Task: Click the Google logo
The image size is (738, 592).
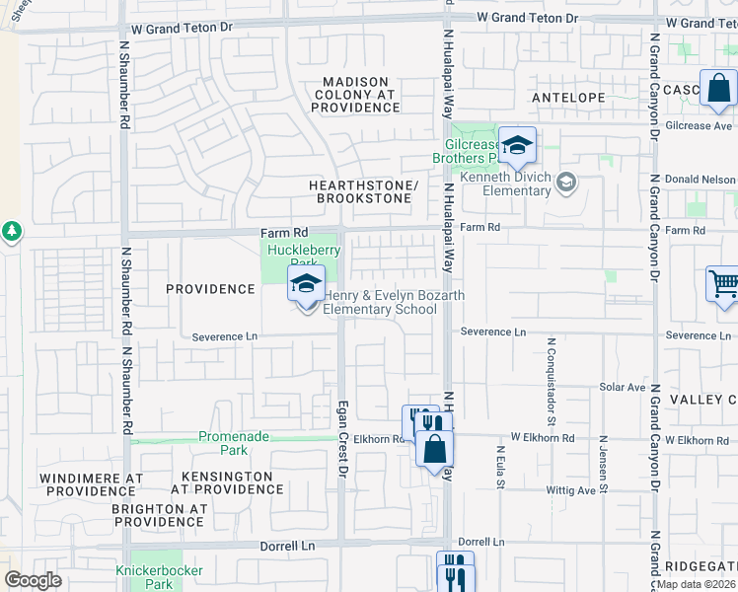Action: pos(33,580)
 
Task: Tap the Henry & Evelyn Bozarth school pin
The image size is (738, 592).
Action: pos(306,286)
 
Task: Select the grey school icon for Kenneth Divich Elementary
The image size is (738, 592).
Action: pos(566,182)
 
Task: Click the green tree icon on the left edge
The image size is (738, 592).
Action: pos(12,231)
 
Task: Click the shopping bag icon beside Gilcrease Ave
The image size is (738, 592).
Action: pos(719,90)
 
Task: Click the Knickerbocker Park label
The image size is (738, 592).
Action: pos(159,577)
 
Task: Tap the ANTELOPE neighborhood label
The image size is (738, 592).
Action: pos(567,98)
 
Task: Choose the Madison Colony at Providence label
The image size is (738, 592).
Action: pos(354,94)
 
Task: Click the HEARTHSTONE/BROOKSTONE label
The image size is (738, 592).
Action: pos(362,191)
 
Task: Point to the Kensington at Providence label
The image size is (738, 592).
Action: pos(227,482)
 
